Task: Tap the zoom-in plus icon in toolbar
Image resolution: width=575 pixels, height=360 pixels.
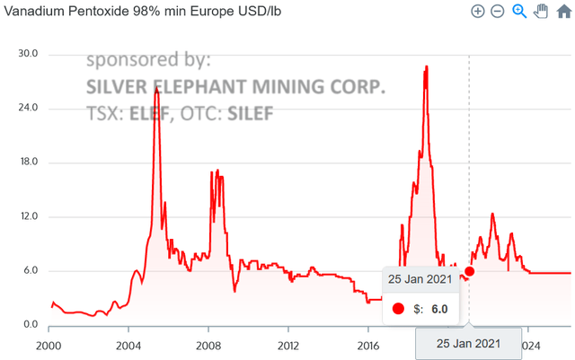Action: tap(478, 11)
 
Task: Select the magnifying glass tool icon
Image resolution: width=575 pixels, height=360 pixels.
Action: tap(519, 11)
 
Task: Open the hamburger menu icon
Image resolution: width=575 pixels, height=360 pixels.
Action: tap(562, 11)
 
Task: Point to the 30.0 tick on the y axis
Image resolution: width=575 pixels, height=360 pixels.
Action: tap(28, 54)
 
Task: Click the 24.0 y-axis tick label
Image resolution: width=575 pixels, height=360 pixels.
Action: tap(28, 109)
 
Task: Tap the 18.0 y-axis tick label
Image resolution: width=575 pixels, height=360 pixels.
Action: tap(28, 162)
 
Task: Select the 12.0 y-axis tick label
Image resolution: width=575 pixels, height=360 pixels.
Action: tap(28, 217)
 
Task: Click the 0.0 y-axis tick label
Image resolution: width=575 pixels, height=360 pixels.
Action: tap(28, 325)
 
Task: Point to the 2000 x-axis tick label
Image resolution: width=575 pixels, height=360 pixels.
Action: tap(48, 345)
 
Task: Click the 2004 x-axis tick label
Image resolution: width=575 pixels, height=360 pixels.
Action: tap(128, 345)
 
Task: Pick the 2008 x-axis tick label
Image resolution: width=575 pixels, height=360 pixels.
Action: tap(208, 345)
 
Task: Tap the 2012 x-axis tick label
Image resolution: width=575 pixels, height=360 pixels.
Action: tap(288, 345)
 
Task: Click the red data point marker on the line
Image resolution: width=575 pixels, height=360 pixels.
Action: tap(469, 271)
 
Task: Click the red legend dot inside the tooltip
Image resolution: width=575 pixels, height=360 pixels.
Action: tap(399, 309)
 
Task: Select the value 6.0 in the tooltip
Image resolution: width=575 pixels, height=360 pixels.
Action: tap(439, 309)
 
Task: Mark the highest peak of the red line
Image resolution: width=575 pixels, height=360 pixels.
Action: tap(426, 66)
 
